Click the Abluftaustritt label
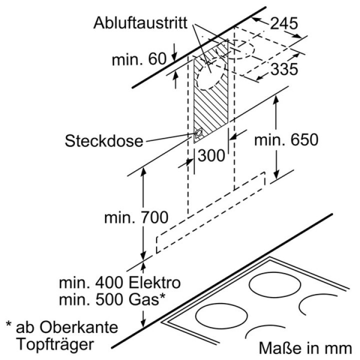click(x=140, y=23)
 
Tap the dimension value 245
click(x=284, y=23)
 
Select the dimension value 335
click(x=284, y=69)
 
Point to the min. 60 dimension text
click(x=139, y=59)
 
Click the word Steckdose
click(x=104, y=140)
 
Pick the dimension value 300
click(x=211, y=155)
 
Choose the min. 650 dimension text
click(x=286, y=139)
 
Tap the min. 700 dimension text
click(x=136, y=217)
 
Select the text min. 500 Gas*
click(x=112, y=299)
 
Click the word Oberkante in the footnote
click(x=78, y=327)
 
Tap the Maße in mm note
click(x=305, y=348)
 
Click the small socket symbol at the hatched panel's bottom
click(x=198, y=133)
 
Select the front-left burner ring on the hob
click(x=221, y=317)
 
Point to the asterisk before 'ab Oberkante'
click(x=8, y=324)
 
